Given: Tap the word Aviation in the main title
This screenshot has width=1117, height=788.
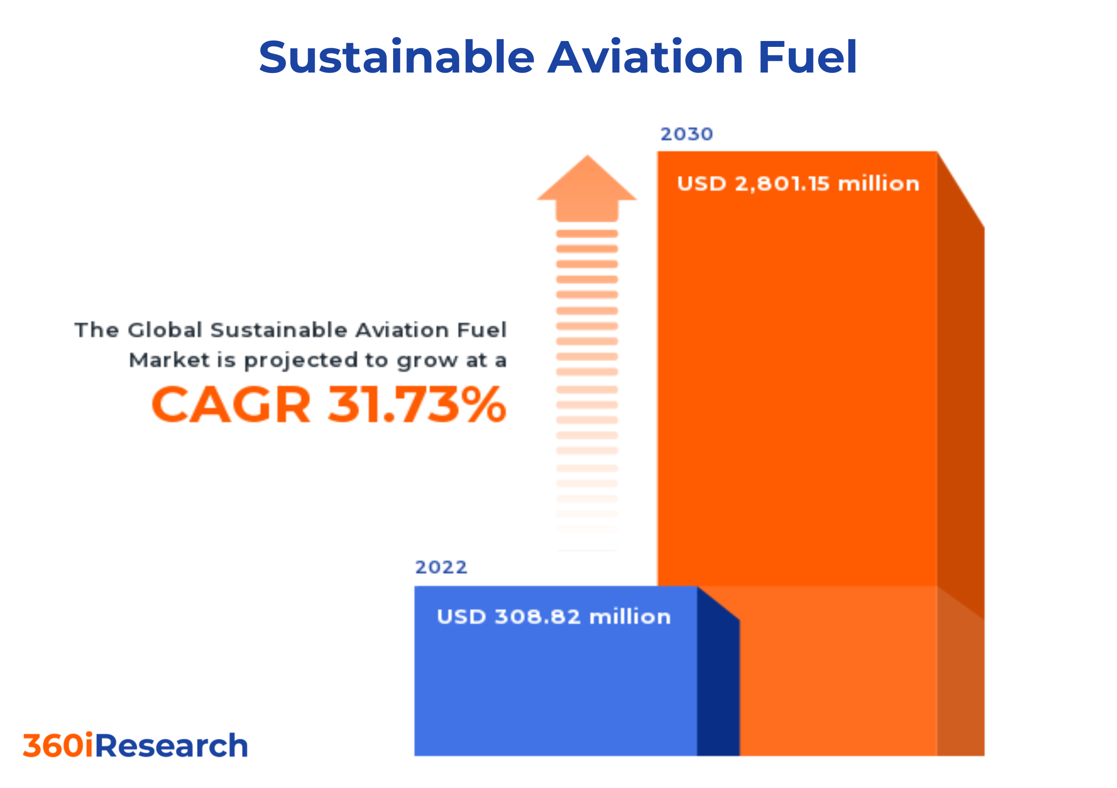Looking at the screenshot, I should tap(645, 57).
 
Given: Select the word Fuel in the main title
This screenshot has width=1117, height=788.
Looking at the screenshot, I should tap(807, 57).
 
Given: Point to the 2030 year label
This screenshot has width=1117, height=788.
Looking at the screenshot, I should tap(687, 134).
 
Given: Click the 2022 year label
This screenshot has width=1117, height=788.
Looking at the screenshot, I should tap(441, 567).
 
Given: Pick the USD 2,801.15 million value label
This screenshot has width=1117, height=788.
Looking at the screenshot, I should tap(798, 184).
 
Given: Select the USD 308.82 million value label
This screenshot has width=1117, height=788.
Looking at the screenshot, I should tap(554, 617).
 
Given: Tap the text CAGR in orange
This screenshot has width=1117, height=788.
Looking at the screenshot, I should tap(231, 404).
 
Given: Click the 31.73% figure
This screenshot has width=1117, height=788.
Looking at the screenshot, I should tap(417, 404).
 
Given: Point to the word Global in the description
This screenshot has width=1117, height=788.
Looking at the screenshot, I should tap(165, 330).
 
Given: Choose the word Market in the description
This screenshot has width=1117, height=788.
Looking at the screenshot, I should tap(169, 360).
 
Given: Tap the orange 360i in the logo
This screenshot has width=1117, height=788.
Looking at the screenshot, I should tap(58, 746).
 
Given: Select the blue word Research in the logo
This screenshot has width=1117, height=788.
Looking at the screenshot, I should tap(172, 746).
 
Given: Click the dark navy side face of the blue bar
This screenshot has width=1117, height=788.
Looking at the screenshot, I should tap(718, 686).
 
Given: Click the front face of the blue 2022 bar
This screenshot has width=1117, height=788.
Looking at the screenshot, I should tap(555, 691).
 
